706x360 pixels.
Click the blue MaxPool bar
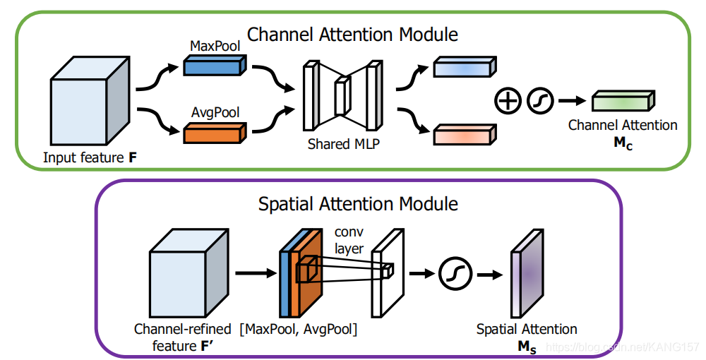pos(215,65)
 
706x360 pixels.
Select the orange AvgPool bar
pos(215,133)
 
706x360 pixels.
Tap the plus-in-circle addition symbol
pos(508,100)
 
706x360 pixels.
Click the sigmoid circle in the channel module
pos(540,100)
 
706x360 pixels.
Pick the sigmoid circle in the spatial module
pos(455,273)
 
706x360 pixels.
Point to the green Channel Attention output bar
pos(623,101)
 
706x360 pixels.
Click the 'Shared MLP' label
pos(344,144)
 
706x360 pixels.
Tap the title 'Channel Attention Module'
pos(352,35)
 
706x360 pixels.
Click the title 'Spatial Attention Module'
pos(358,204)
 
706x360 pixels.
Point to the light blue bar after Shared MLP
pos(465,66)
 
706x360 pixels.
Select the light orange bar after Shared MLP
pos(465,135)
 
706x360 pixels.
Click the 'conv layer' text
pos(349,240)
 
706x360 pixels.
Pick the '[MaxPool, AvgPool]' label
pos(299,330)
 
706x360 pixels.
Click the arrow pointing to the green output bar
pos(573,101)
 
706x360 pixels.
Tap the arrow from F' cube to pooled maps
pos(256,272)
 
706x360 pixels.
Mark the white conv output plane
pos(388,273)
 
